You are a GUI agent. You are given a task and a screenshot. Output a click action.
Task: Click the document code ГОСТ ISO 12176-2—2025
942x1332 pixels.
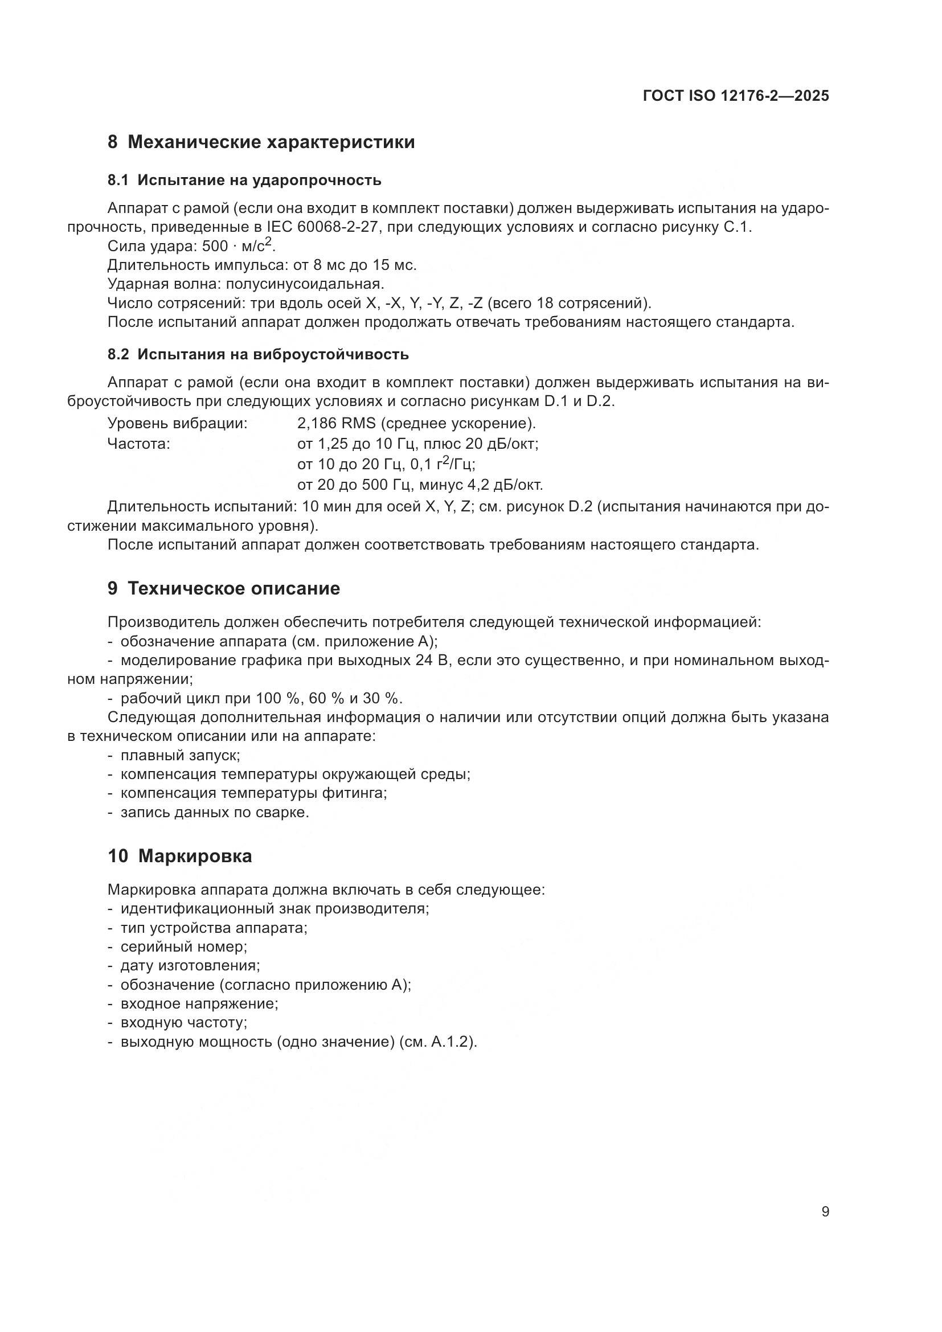tap(735, 96)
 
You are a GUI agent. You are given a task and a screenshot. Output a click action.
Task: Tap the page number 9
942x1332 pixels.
tap(825, 1211)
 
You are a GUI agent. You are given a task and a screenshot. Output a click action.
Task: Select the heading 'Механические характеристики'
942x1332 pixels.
tap(271, 142)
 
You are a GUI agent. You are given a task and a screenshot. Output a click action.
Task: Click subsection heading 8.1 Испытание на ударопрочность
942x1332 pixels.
tap(244, 181)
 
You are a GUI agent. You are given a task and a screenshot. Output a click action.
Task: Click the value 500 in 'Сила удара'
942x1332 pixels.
tap(215, 247)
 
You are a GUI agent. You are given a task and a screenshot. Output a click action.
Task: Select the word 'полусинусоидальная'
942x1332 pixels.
tap(304, 284)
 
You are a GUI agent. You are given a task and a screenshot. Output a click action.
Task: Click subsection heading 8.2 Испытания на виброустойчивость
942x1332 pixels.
tap(258, 354)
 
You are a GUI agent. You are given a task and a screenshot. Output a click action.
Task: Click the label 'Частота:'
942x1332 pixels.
tap(138, 444)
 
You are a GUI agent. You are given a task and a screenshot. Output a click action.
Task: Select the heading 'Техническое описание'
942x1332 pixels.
tap(233, 589)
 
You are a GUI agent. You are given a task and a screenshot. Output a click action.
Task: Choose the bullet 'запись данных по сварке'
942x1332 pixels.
tap(215, 812)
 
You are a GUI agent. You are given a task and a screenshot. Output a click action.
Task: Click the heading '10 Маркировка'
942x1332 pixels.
tap(180, 856)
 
